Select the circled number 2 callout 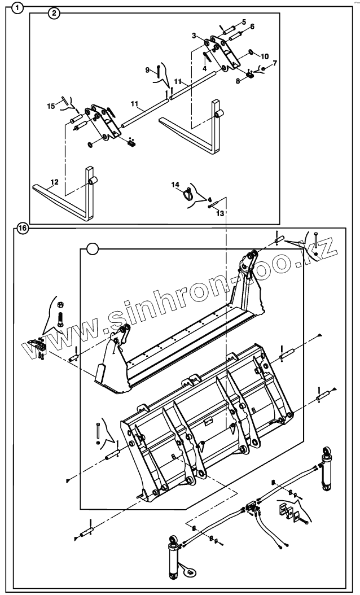(55, 14)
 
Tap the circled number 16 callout (21, 229)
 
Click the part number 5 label (243, 21)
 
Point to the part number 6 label (252, 27)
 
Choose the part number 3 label (194, 36)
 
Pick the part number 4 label (205, 67)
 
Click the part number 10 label (265, 56)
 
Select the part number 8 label (238, 81)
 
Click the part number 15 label (51, 106)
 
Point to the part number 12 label (54, 182)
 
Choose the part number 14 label (175, 185)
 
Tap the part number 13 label (220, 213)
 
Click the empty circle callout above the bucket (93, 248)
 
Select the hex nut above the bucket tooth (61, 304)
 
